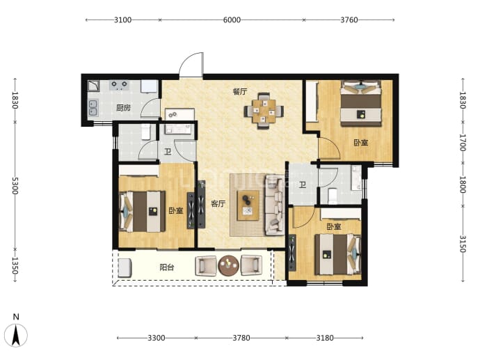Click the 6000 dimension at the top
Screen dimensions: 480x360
point(232,20)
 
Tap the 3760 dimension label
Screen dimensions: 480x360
point(349,20)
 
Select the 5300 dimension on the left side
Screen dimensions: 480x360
point(15,186)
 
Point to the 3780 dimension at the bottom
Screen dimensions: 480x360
point(241,338)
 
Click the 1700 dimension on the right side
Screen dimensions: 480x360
point(463,143)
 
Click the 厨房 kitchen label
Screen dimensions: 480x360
point(123,108)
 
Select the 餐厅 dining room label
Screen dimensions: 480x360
point(240,91)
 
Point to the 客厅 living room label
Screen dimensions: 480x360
point(218,204)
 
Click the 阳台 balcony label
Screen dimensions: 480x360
point(167,267)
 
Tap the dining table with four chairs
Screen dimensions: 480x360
point(264,111)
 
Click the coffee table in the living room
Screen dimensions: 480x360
point(248,205)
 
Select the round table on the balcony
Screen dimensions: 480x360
point(228,265)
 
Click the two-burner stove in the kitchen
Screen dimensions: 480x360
point(120,85)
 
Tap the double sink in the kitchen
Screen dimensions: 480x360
point(93,108)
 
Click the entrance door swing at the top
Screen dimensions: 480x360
point(191,65)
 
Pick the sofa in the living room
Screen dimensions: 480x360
point(275,205)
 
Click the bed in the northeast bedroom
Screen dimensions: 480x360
point(361,103)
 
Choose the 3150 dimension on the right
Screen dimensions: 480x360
point(463,244)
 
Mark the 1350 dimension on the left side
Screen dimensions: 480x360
point(15,265)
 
